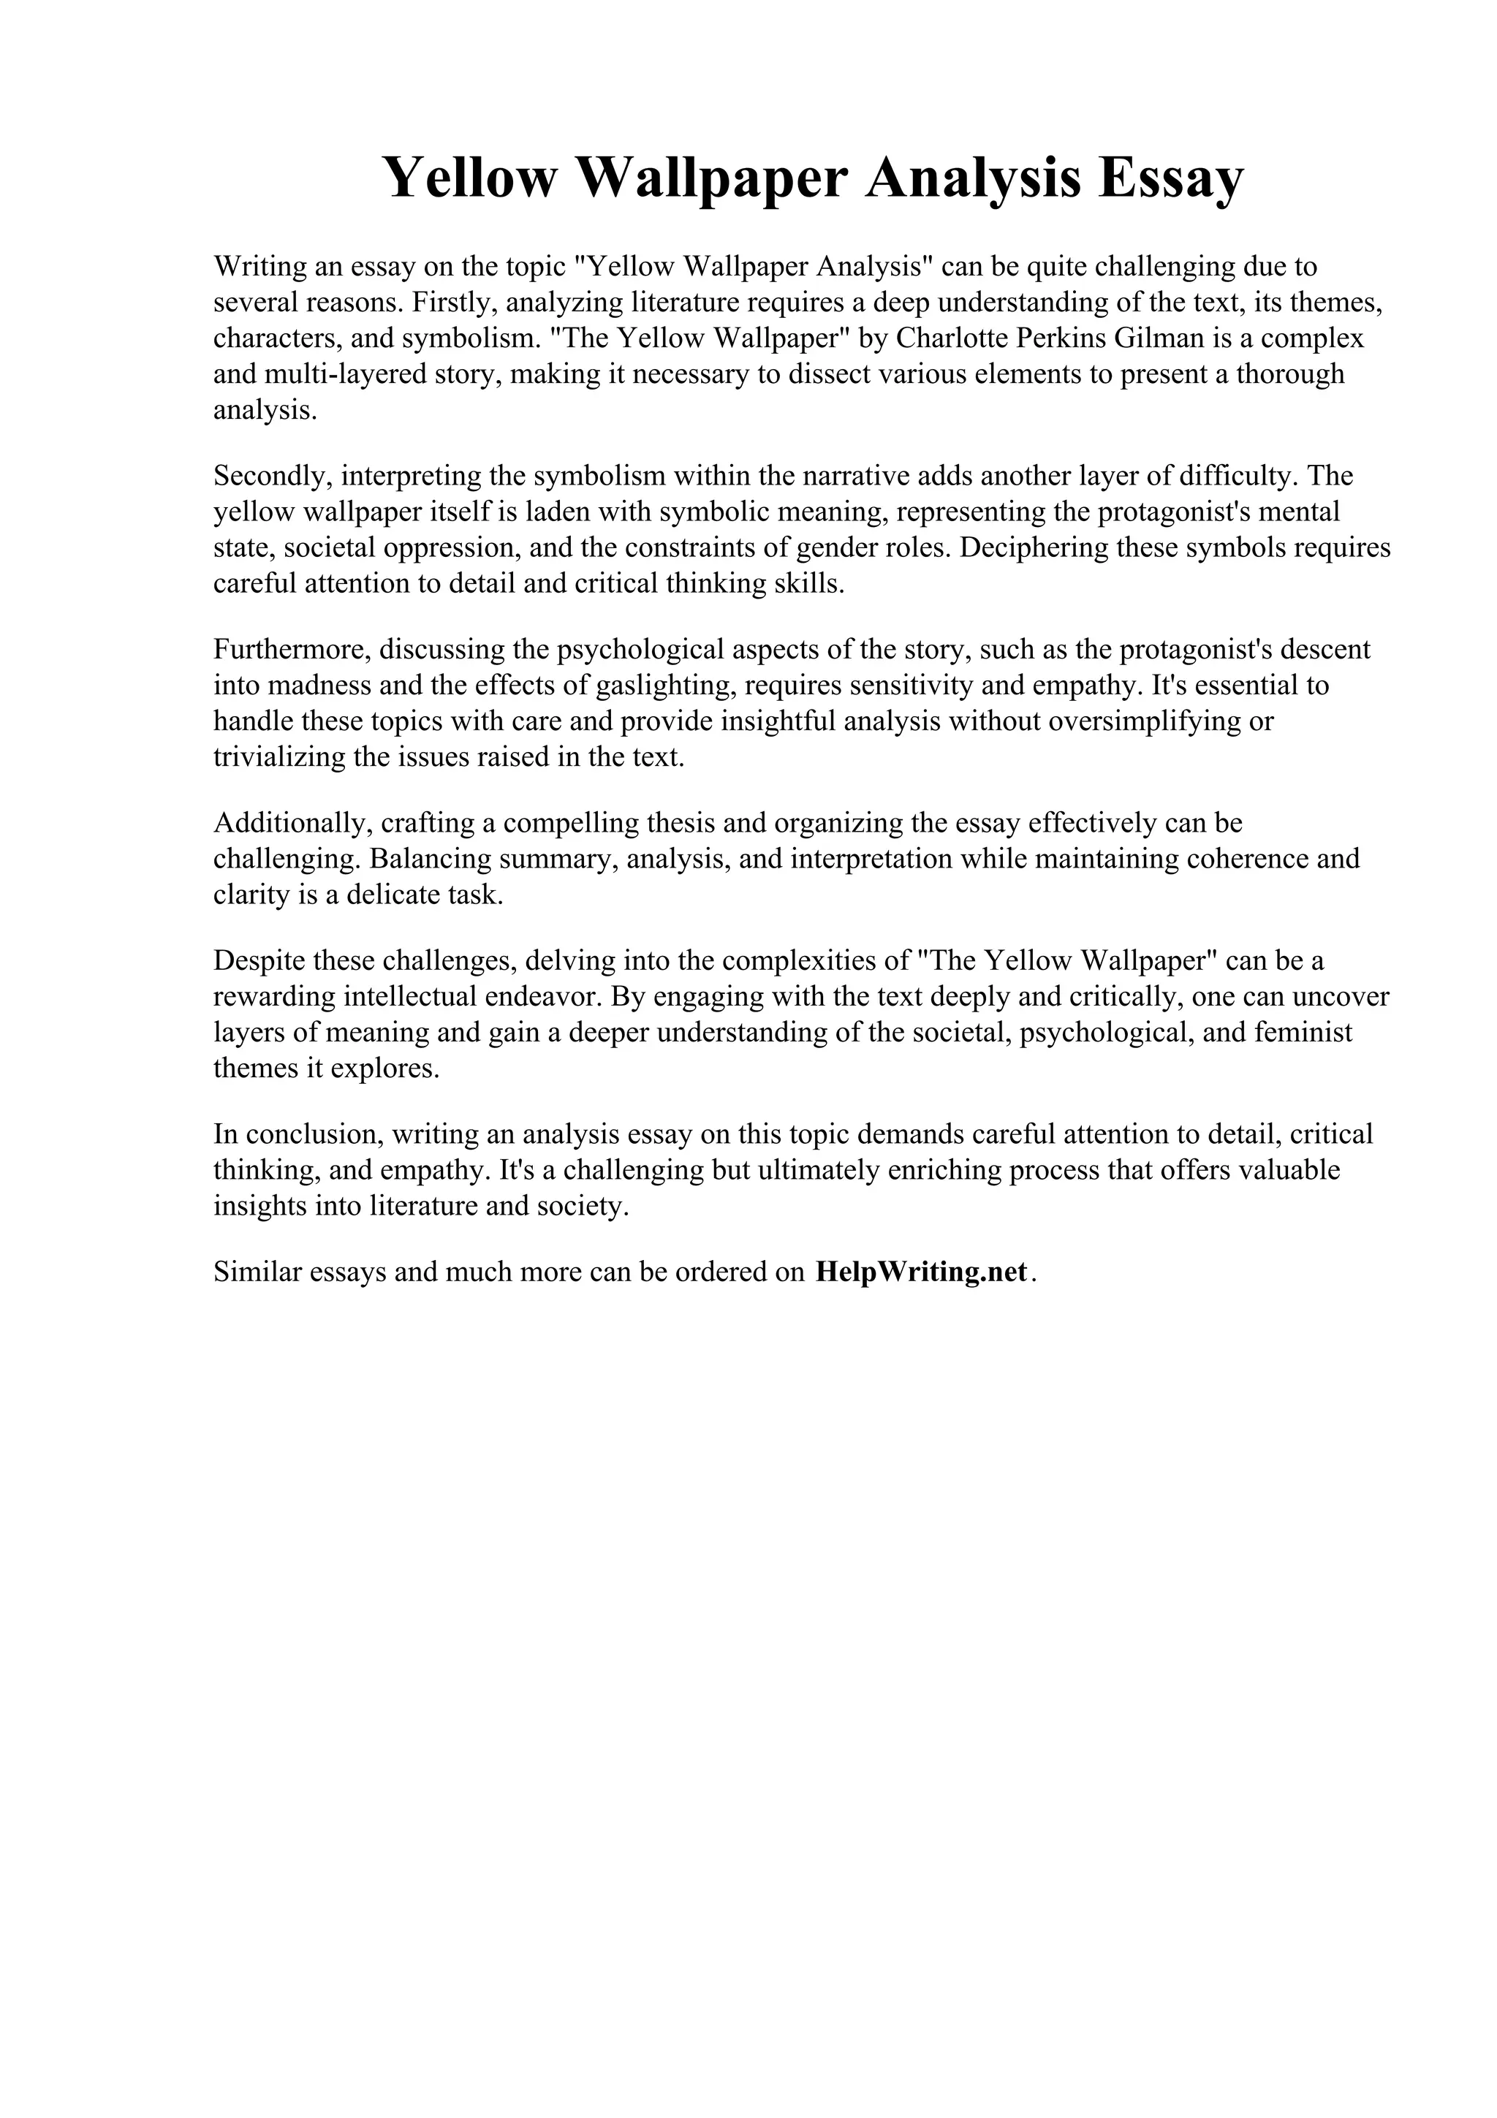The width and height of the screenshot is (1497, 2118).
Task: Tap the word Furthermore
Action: click(292, 650)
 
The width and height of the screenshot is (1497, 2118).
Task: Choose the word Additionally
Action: click(289, 823)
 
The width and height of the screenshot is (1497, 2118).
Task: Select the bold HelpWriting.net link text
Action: click(922, 1272)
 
